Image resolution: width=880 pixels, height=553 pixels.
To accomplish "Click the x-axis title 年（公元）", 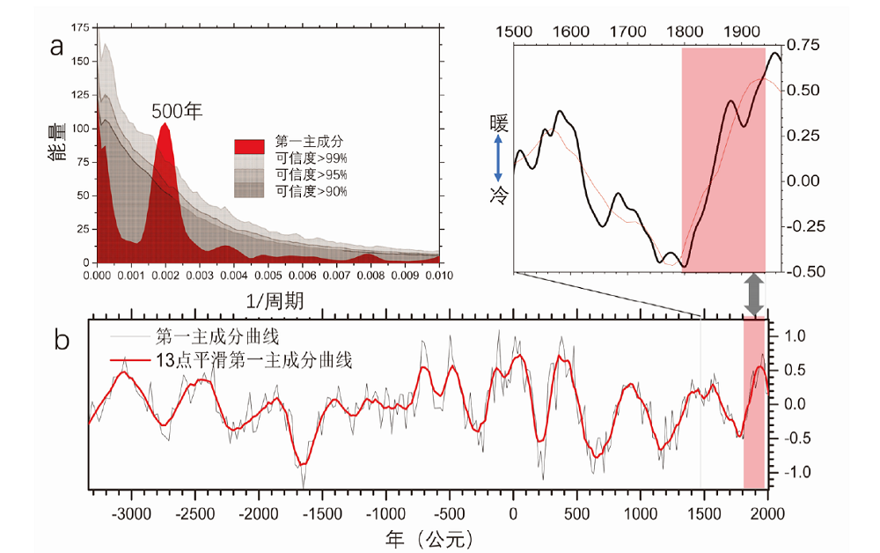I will (x=430, y=536).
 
